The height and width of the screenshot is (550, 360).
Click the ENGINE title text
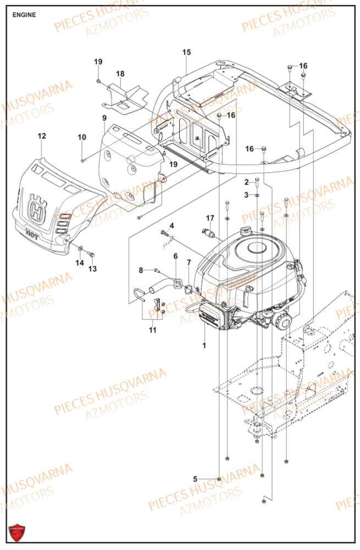pyautogui.click(x=24, y=15)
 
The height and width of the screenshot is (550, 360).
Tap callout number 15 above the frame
pyautogui.click(x=186, y=52)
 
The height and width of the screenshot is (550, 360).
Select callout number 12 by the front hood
pyautogui.click(x=42, y=136)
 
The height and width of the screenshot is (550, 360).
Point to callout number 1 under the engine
pyautogui.click(x=204, y=345)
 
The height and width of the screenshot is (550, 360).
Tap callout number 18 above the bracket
pyautogui.click(x=120, y=74)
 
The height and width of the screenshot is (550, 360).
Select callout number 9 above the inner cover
pyautogui.click(x=104, y=118)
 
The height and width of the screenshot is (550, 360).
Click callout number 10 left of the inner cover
pyautogui.click(x=81, y=137)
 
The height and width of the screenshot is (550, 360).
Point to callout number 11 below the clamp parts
pyautogui.click(x=152, y=330)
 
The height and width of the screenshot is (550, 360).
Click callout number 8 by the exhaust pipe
pyautogui.click(x=141, y=270)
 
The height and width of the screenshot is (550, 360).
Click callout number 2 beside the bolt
pyautogui.click(x=247, y=182)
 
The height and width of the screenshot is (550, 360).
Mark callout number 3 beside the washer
pyautogui.click(x=247, y=195)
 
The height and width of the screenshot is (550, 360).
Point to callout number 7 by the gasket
pyautogui.click(x=189, y=262)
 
